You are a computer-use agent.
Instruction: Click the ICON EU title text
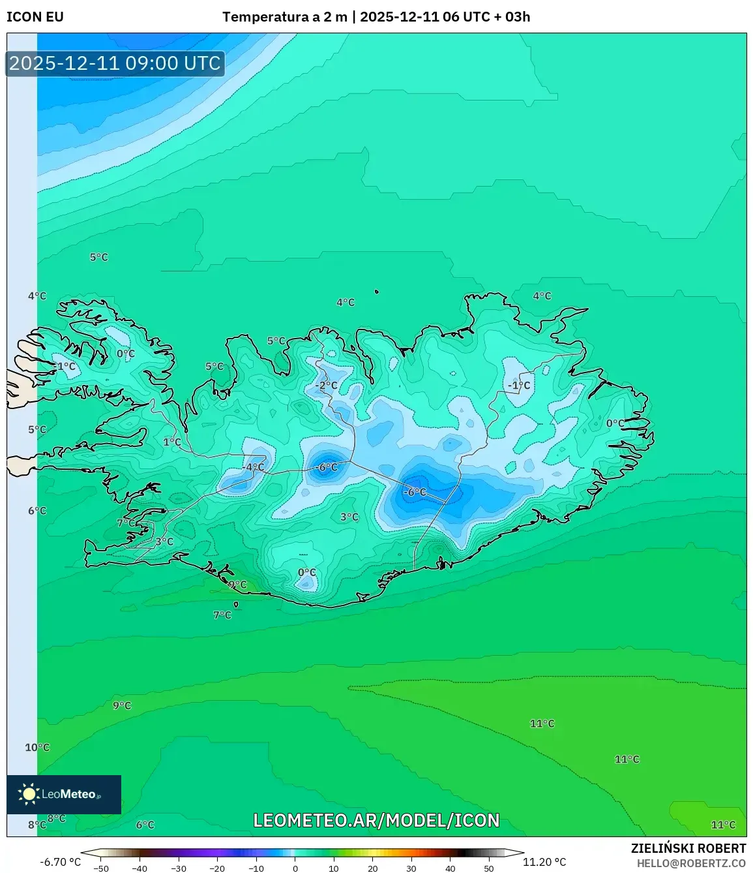tap(35, 17)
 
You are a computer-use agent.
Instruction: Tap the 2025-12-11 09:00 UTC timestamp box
tap(115, 63)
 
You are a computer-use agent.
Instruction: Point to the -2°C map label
tap(327, 386)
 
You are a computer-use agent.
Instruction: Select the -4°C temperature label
tap(254, 467)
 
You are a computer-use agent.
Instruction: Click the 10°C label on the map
tap(37, 747)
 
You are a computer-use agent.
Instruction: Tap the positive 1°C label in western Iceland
tap(172, 442)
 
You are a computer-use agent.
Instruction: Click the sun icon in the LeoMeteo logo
tap(29, 794)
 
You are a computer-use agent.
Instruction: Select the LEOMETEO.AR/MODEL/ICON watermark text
tap(376, 820)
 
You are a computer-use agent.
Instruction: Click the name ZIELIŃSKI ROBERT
tap(688, 848)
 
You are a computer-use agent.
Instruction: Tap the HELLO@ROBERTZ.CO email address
tap(691, 863)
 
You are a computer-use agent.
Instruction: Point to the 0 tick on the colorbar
tap(295, 868)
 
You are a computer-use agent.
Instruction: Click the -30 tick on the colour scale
tap(179, 868)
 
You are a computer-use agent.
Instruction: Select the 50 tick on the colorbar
tap(489, 868)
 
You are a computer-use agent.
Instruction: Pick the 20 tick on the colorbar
tap(373, 868)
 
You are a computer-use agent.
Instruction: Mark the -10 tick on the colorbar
tap(256, 868)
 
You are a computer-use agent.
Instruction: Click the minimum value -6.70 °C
tap(61, 862)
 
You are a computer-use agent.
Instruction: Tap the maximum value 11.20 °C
tap(544, 862)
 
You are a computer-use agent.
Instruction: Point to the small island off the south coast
tap(236, 605)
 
